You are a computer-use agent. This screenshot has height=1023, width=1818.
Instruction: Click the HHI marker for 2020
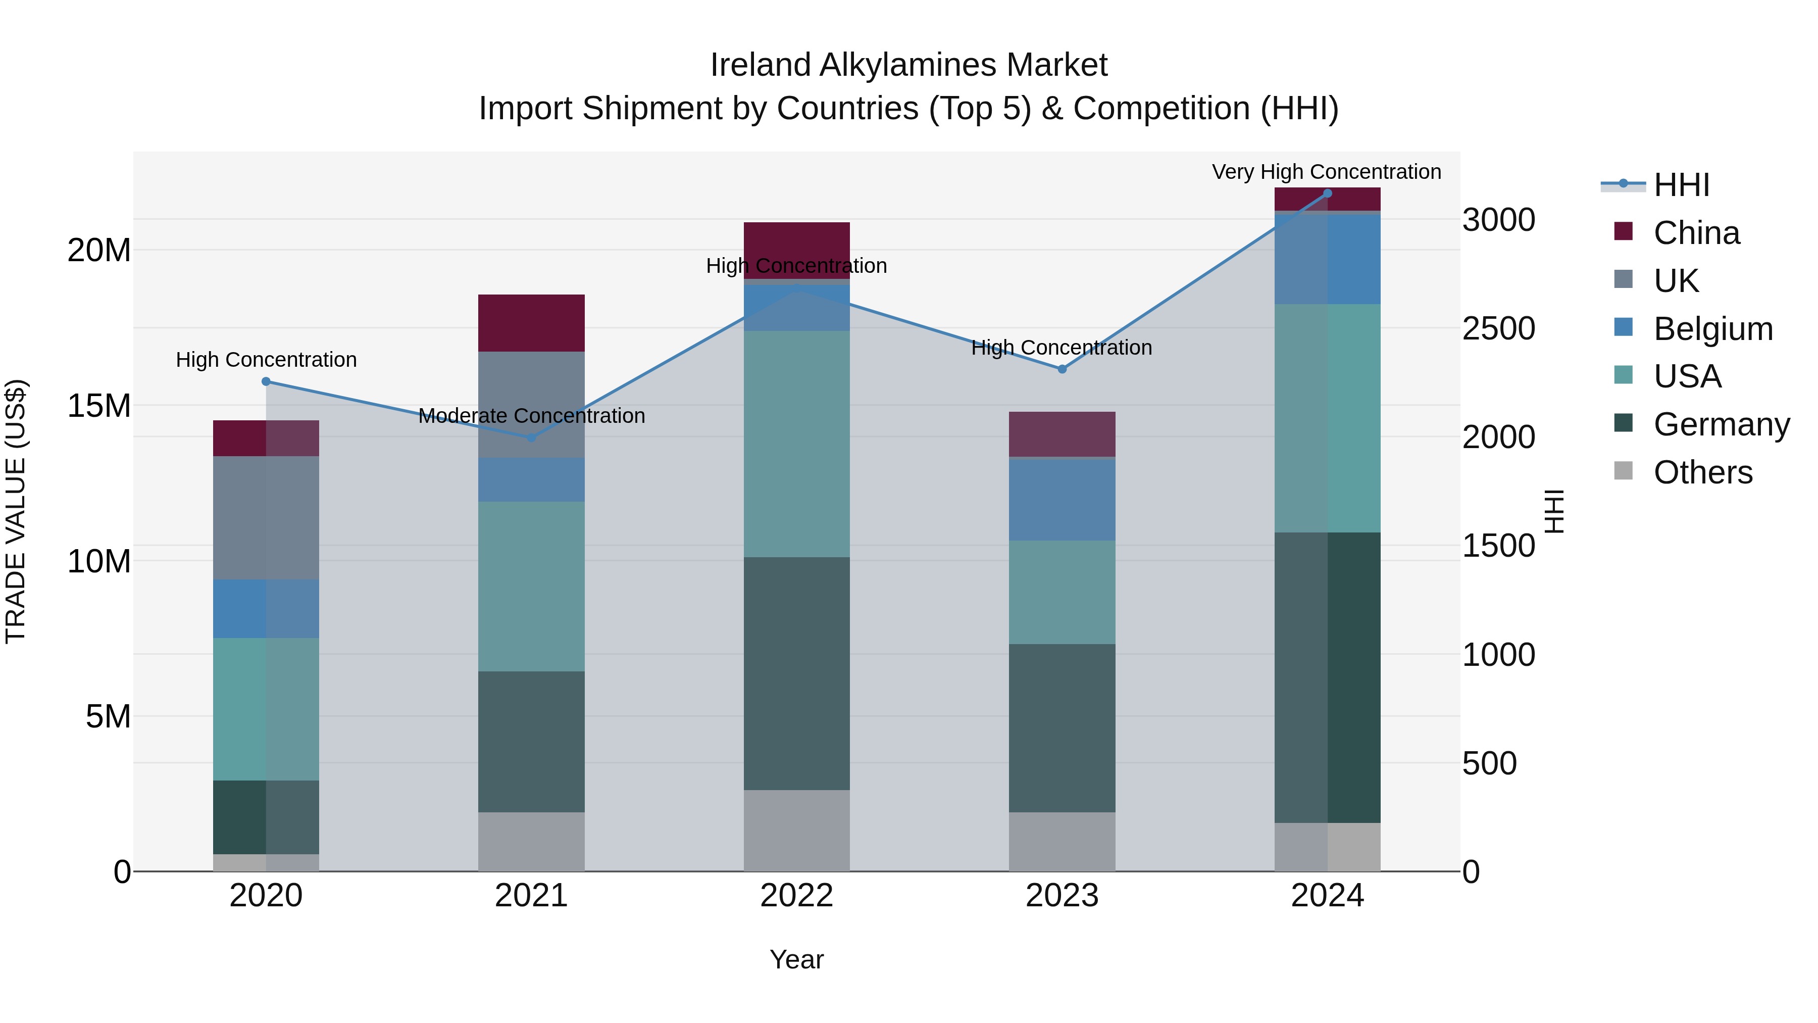pos(266,381)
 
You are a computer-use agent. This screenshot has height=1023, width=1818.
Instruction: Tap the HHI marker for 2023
pos(1062,369)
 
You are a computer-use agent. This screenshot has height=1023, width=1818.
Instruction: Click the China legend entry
pos(1696,233)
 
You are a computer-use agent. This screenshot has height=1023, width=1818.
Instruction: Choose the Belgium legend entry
pos(1713,329)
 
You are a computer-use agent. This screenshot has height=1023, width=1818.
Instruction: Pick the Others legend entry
pos(1702,472)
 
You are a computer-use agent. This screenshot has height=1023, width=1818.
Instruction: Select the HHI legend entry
pos(1681,185)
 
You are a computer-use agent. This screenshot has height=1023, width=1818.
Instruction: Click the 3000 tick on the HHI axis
pos(1498,220)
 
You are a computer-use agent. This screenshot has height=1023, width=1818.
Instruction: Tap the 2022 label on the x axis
pos(797,896)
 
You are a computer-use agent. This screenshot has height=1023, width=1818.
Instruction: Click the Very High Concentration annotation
pos(1326,172)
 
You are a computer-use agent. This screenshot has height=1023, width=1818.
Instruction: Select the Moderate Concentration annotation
pos(531,416)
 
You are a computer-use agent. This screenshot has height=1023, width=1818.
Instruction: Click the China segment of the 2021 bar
pos(531,323)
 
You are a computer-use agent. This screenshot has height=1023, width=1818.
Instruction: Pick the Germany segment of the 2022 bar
pos(797,673)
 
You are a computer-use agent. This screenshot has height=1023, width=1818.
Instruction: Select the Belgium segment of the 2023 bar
pos(1062,499)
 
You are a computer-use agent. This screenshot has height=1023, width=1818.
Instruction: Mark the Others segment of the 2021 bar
pos(531,842)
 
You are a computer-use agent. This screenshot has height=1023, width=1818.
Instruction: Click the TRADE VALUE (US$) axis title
pos(16,511)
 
